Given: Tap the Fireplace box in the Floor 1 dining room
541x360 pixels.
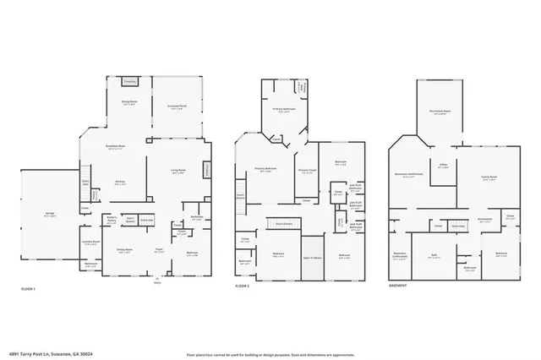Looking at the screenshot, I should pyautogui.click(x=130, y=81).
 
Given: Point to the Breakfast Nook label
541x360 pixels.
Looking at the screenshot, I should pyautogui.click(x=116, y=146).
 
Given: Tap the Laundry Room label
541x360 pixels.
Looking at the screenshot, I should pyautogui.click(x=91, y=243).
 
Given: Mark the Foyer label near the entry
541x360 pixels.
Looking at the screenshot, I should pyautogui.click(x=158, y=250).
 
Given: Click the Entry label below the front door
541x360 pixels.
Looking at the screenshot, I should pyautogui.click(x=155, y=285).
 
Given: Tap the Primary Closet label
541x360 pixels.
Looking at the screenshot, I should pyautogui.click(x=306, y=172).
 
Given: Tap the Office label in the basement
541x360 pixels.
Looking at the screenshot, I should pyautogui.click(x=442, y=166).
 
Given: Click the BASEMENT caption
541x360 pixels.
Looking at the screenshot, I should pyautogui.click(x=398, y=286).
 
